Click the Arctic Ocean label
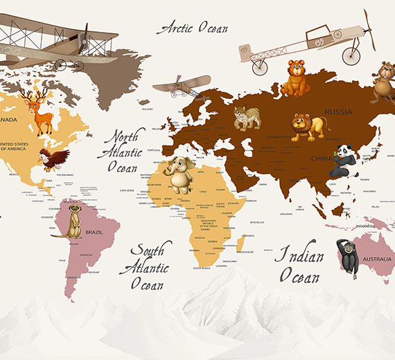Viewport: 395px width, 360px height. click(192, 28)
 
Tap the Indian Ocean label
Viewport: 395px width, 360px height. click(301, 266)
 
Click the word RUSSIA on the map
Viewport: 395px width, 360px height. click(338, 111)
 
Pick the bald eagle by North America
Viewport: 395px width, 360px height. click(53, 159)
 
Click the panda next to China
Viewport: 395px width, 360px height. click(344, 161)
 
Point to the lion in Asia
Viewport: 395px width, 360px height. click(307, 127)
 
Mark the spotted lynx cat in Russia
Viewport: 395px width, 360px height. click(247, 117)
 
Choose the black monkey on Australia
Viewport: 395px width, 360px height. click(346, 256)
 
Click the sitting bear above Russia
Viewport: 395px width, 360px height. click(295, 78)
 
